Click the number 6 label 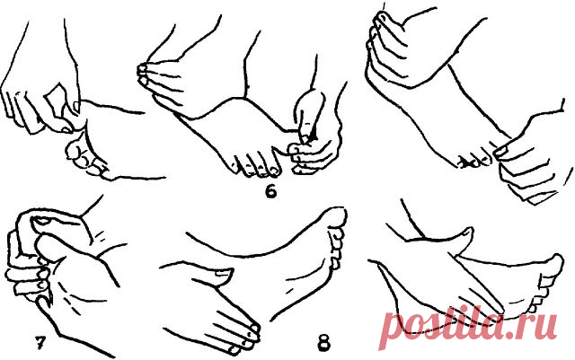(x=270, y=192)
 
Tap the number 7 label (x=40, y=342)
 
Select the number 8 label (x=323, y=343)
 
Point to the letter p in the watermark (x=392, y=329)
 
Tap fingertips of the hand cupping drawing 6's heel (x=143, y=74)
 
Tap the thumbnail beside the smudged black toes (x=501, y=151)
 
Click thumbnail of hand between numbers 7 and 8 (x=222, y=272)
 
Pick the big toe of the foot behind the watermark (x=554, y=264)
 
